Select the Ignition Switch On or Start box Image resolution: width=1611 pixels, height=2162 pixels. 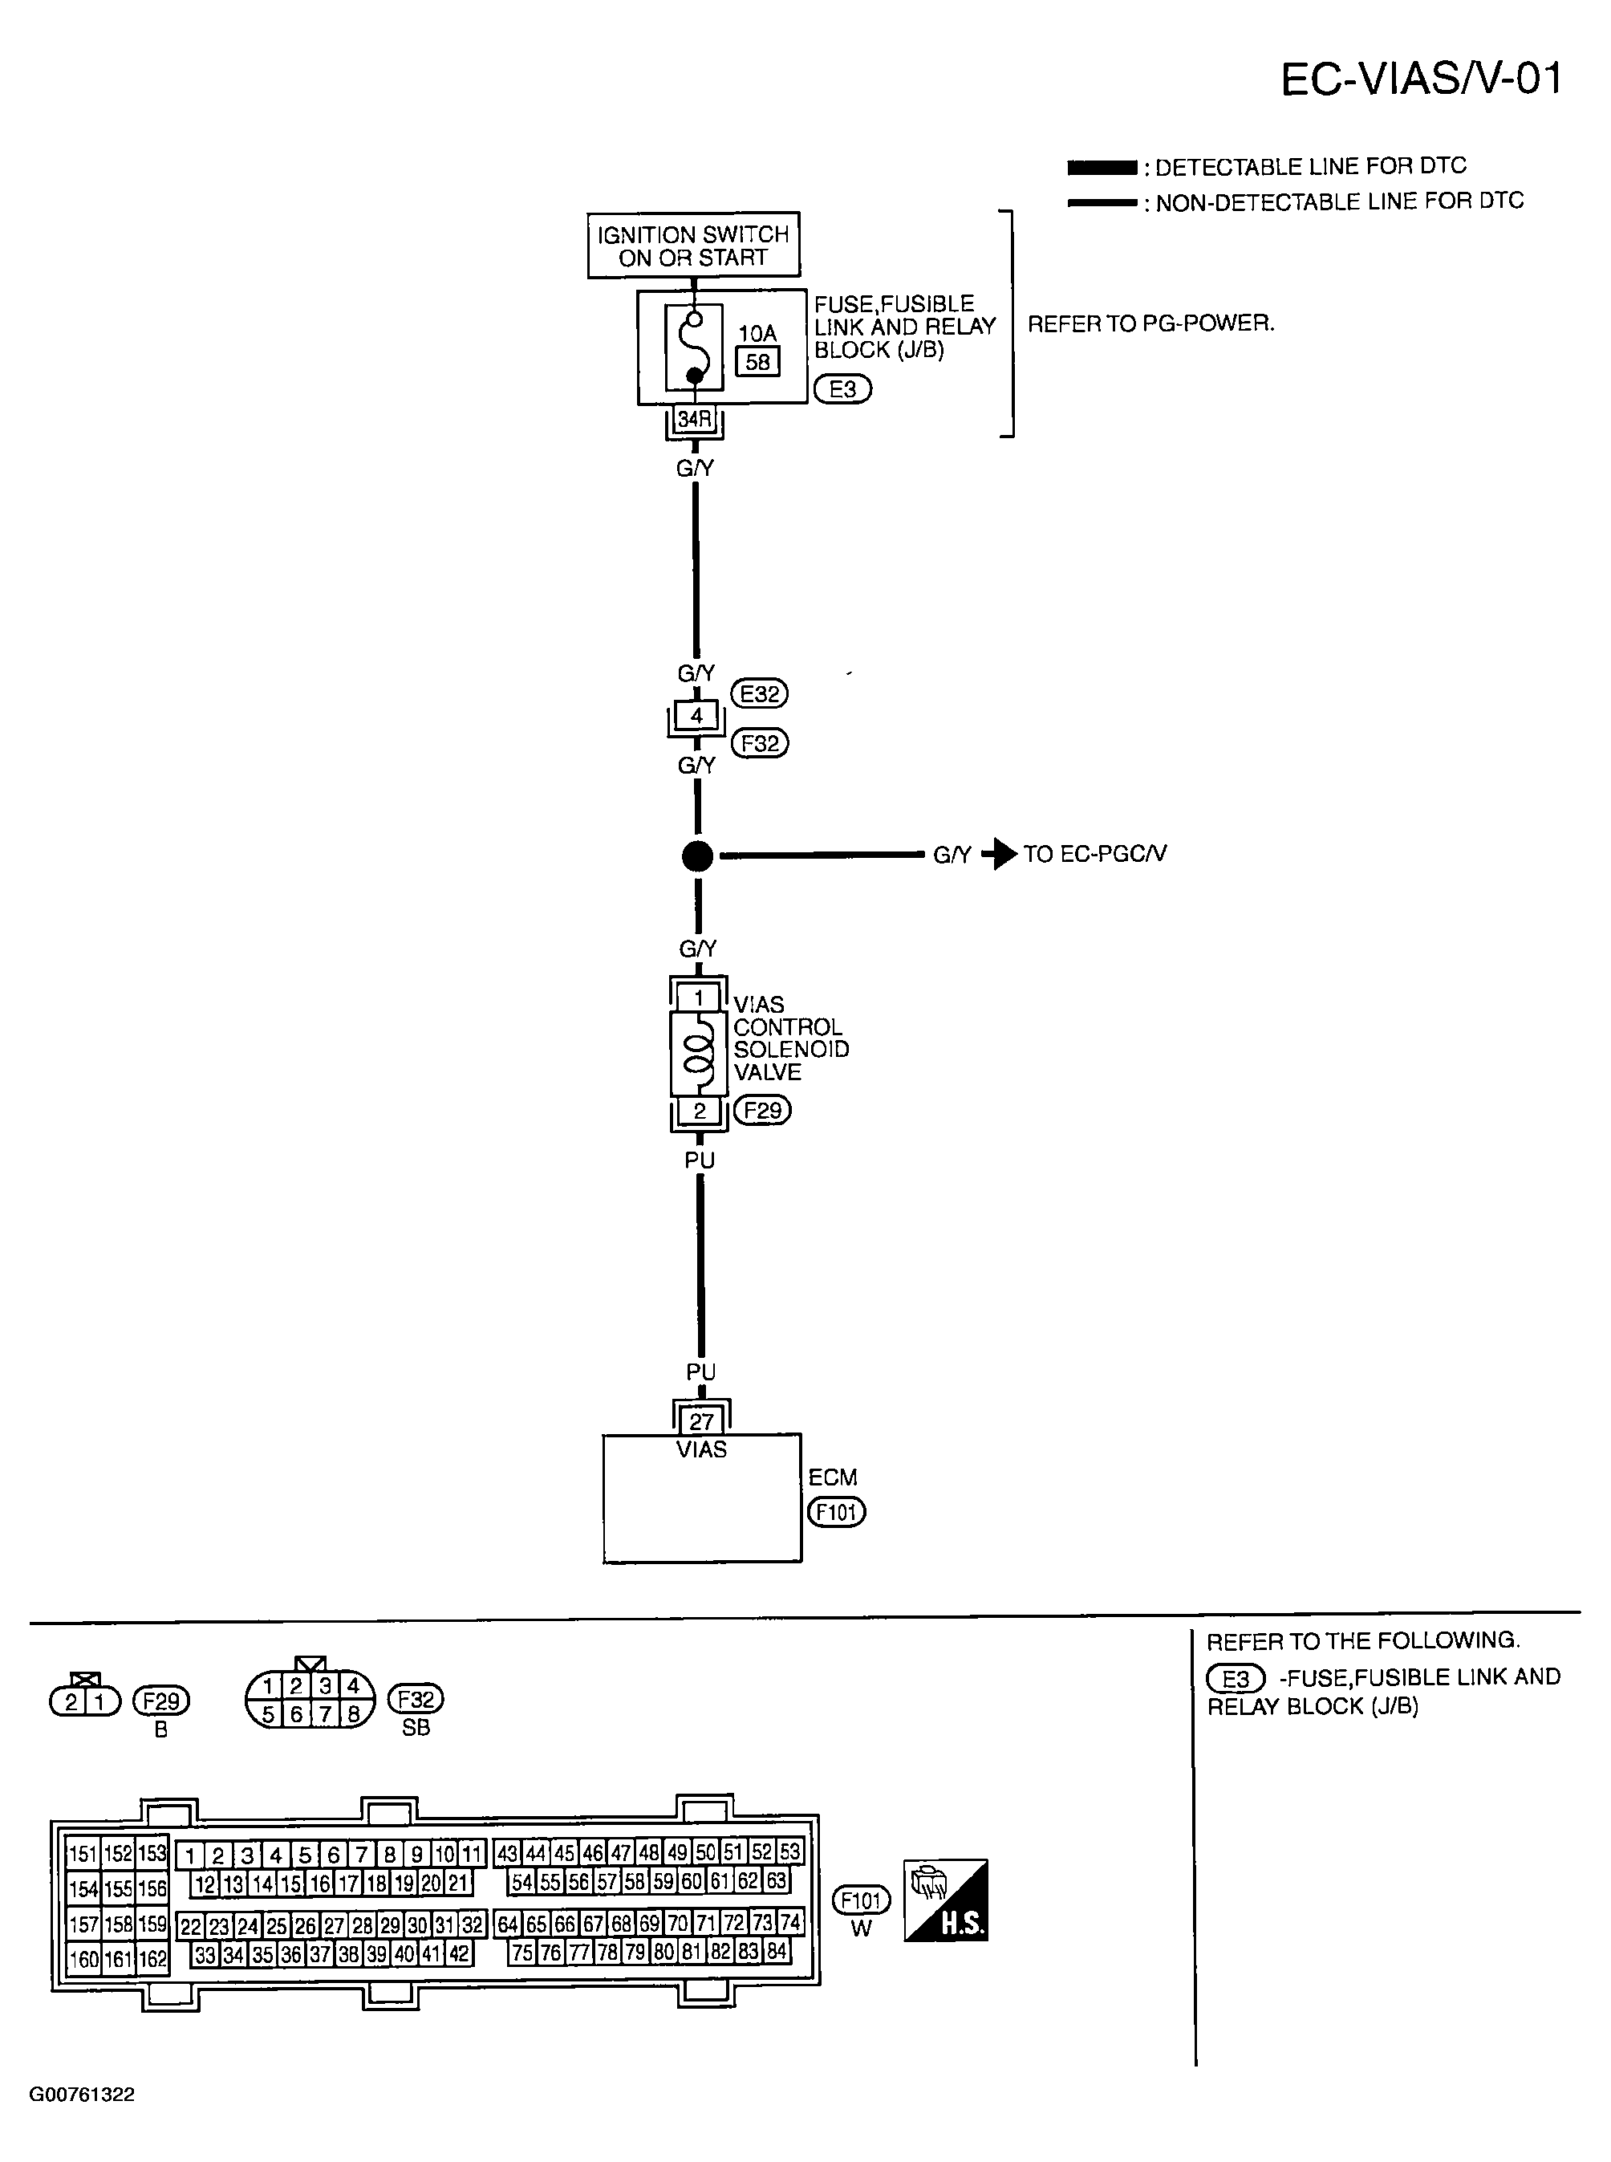tap(693, 246)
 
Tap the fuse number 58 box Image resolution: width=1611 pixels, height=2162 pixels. tap(757, 362)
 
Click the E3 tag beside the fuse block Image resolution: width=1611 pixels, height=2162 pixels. tap(842, 389)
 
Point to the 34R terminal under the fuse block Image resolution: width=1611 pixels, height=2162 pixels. tap(694, 421)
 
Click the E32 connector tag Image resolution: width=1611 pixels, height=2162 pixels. tap(760, 694)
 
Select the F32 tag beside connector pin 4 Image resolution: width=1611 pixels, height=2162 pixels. tap(760, 743)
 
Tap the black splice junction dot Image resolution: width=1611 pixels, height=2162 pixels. tap(697, 856)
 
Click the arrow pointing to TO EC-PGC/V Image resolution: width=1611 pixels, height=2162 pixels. tap(1000, 854)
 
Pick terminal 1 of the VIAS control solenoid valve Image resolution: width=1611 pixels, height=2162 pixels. tap(698, 998)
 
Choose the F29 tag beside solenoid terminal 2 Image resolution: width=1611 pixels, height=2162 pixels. tap(763, 1110)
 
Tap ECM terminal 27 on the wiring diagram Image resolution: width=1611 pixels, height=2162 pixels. tap(701, 1420)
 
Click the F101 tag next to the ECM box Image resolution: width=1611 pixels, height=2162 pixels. tap(836, 1511)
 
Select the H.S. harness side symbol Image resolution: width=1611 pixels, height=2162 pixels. tap(945, 1900)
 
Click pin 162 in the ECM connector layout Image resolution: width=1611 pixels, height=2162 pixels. tap(152, 1959)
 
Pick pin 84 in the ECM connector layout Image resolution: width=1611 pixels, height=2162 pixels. tap(777, 1952)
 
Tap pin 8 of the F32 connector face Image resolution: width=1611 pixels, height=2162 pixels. tap(353, 1713)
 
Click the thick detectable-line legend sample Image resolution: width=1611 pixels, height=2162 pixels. tap(1102, 168)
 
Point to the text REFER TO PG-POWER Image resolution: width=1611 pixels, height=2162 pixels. tap(1150, 323)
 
